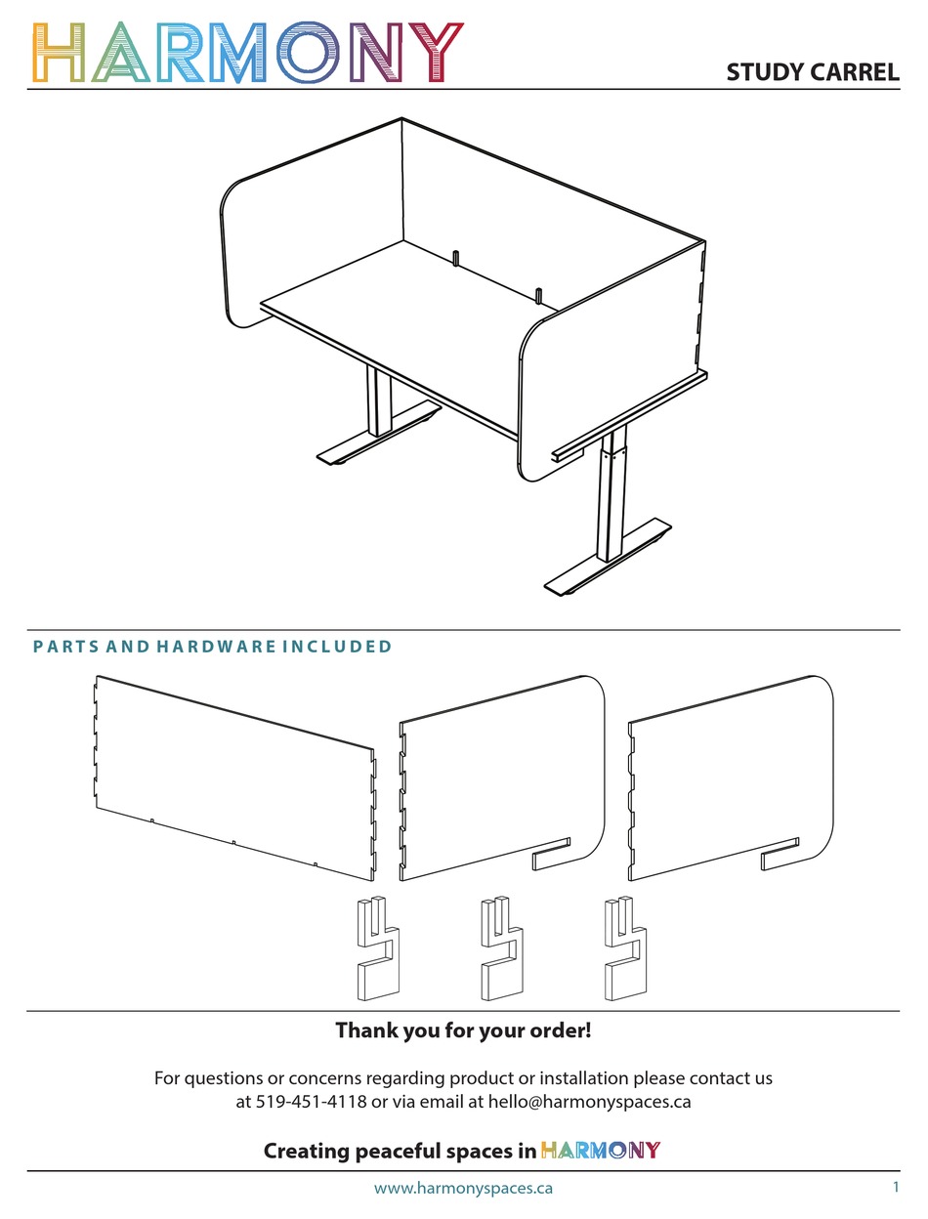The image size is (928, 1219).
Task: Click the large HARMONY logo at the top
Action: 248,53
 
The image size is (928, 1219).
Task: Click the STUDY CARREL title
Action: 813,72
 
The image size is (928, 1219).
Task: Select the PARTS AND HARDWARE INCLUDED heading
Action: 213,647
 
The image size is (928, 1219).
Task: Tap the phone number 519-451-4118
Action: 311,1101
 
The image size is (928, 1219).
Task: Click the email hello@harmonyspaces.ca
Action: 589,1102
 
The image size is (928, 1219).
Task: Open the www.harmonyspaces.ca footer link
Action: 464,1188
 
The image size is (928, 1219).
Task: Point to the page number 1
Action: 895,1187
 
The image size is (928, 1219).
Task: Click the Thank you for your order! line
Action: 464,1030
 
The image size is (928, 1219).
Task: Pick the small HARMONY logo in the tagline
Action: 601,1150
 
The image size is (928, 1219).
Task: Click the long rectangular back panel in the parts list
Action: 234,778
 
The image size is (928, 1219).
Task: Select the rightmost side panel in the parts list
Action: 731,778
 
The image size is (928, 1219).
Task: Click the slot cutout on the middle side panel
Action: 551,854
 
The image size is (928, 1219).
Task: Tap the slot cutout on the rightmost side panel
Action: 780,854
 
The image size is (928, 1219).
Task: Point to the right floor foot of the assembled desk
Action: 608,558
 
